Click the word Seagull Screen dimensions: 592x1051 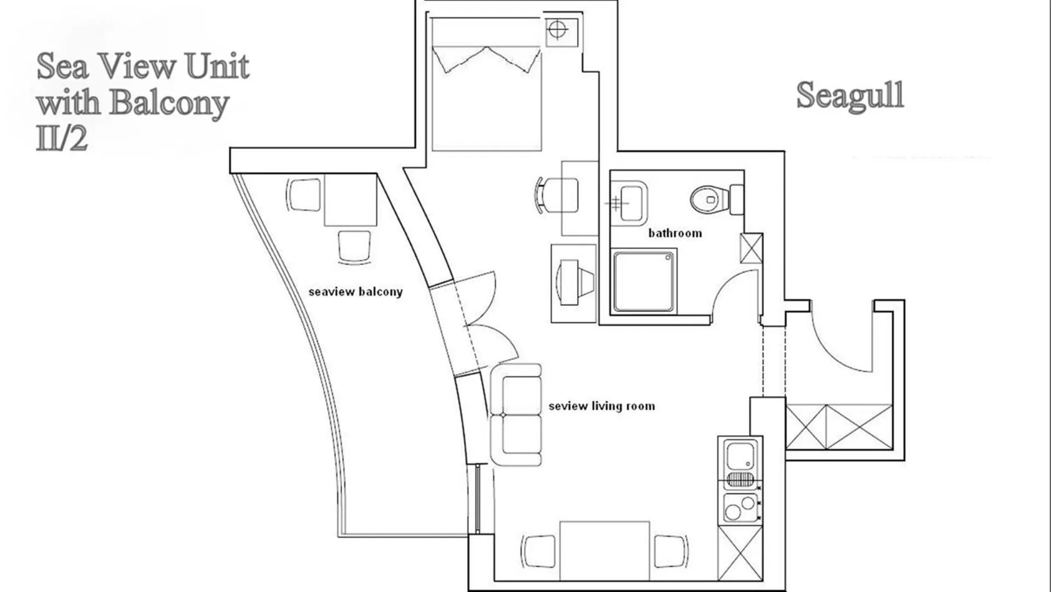tap(850, 95)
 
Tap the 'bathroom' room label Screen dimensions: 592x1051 tap(675, 234)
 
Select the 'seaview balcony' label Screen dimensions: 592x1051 tap(355, 292)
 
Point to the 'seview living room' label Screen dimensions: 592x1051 tap(601, 406)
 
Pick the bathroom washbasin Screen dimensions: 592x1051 tap(630, 202)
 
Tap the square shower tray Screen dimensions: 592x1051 tap(644, 281)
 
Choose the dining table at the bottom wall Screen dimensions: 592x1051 tap(604, 550)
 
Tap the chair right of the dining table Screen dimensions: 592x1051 tap(670, 550)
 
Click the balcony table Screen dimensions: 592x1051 tap(350, 200)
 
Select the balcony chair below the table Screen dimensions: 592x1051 tap(354, 247)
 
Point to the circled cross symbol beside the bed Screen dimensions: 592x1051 tap(557, 30)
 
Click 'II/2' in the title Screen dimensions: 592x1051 tap(62, 138)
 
